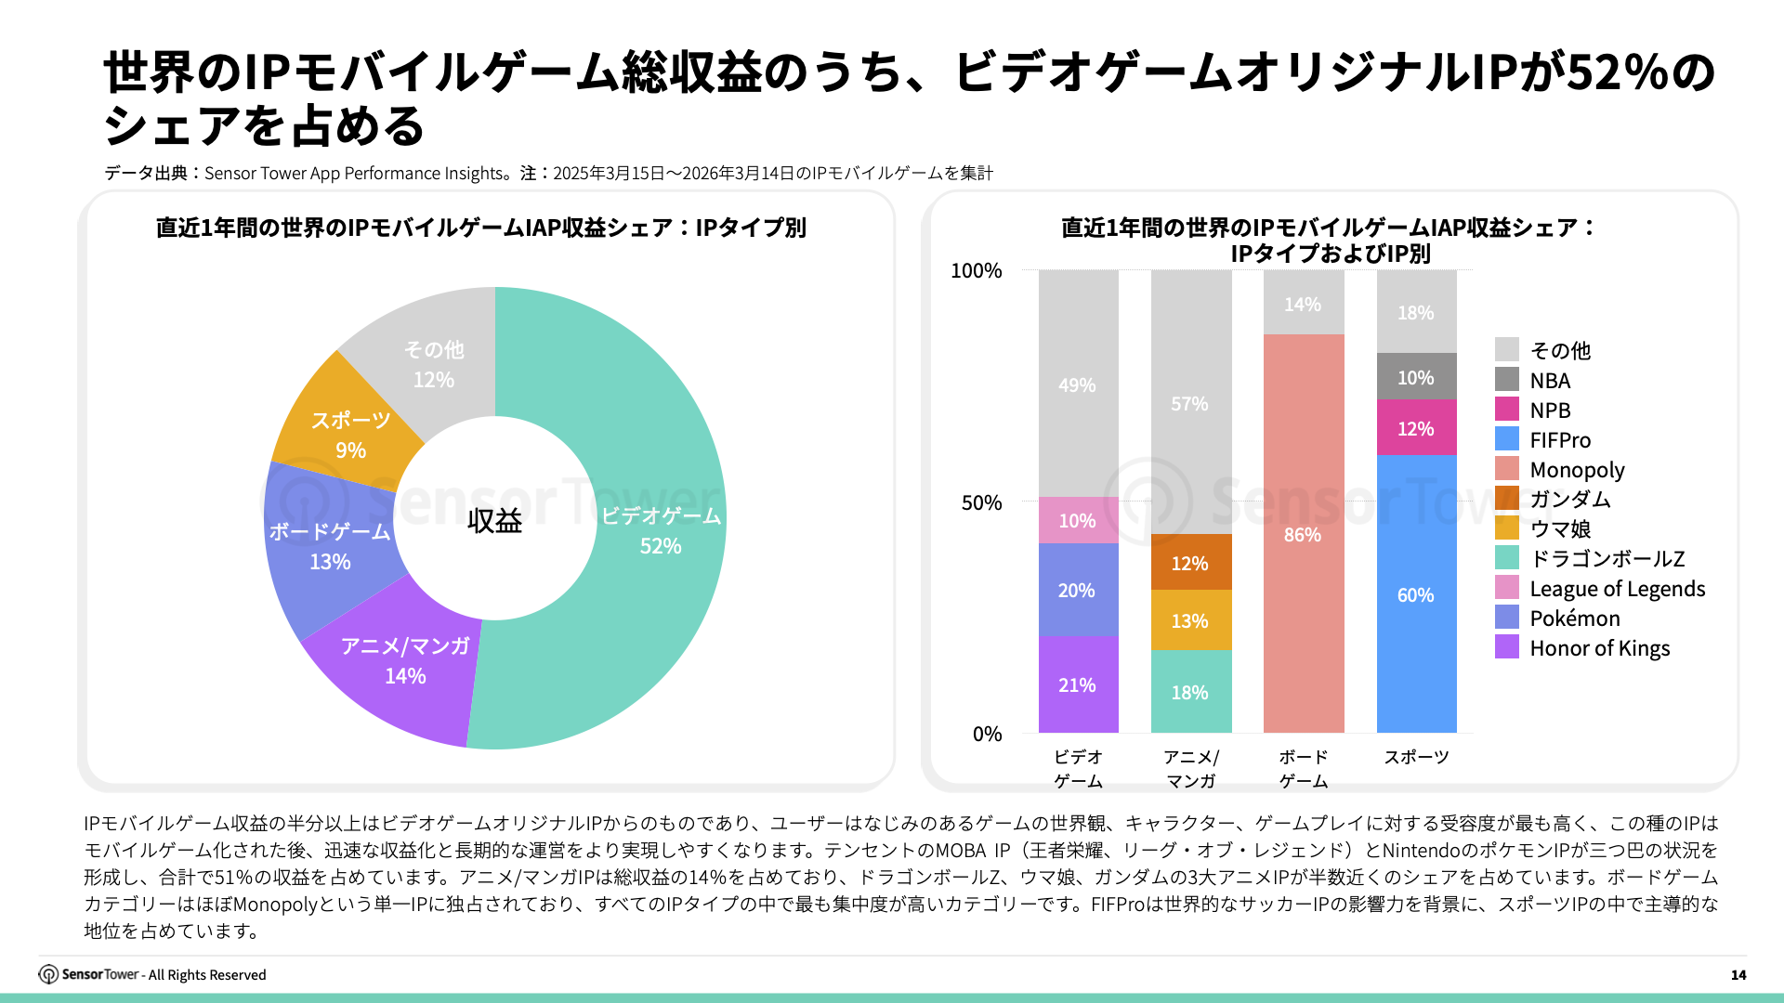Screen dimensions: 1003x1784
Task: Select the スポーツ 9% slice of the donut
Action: [x=350, y=435]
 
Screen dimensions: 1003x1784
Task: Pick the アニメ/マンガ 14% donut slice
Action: [x=405, y=660]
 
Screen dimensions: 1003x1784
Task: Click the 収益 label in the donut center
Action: [x=494, y=521]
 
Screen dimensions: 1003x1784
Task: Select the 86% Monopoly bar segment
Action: [x=1303, y=534]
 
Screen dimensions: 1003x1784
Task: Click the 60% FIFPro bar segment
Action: [x=1415, y=594]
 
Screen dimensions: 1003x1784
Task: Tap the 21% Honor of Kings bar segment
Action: [x=1077, y=684]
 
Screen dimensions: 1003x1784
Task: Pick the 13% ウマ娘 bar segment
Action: [x=1189, y=620]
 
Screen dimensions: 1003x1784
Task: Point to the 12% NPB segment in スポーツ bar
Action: [x=1415, y=428]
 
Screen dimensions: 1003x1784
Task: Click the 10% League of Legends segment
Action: [x=1077, y=520]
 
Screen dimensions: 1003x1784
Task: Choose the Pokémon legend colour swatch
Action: [x=1506, y=618]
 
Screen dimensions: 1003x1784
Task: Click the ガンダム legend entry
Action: [x=1569, y=499]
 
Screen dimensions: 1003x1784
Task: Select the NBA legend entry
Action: [x=1550, y=380]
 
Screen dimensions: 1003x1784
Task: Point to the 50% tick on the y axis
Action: [x=981, y=502]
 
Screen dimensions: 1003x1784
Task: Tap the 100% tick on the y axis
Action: [x=976, y=270]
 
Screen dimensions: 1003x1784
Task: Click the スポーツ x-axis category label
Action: [x=1416, y=757]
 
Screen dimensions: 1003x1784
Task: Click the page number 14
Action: [x=1738, y=974]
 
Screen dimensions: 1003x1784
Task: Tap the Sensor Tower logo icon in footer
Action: [x=48, y=974]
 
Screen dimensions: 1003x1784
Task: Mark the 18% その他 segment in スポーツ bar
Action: [x=1415, y=312]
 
